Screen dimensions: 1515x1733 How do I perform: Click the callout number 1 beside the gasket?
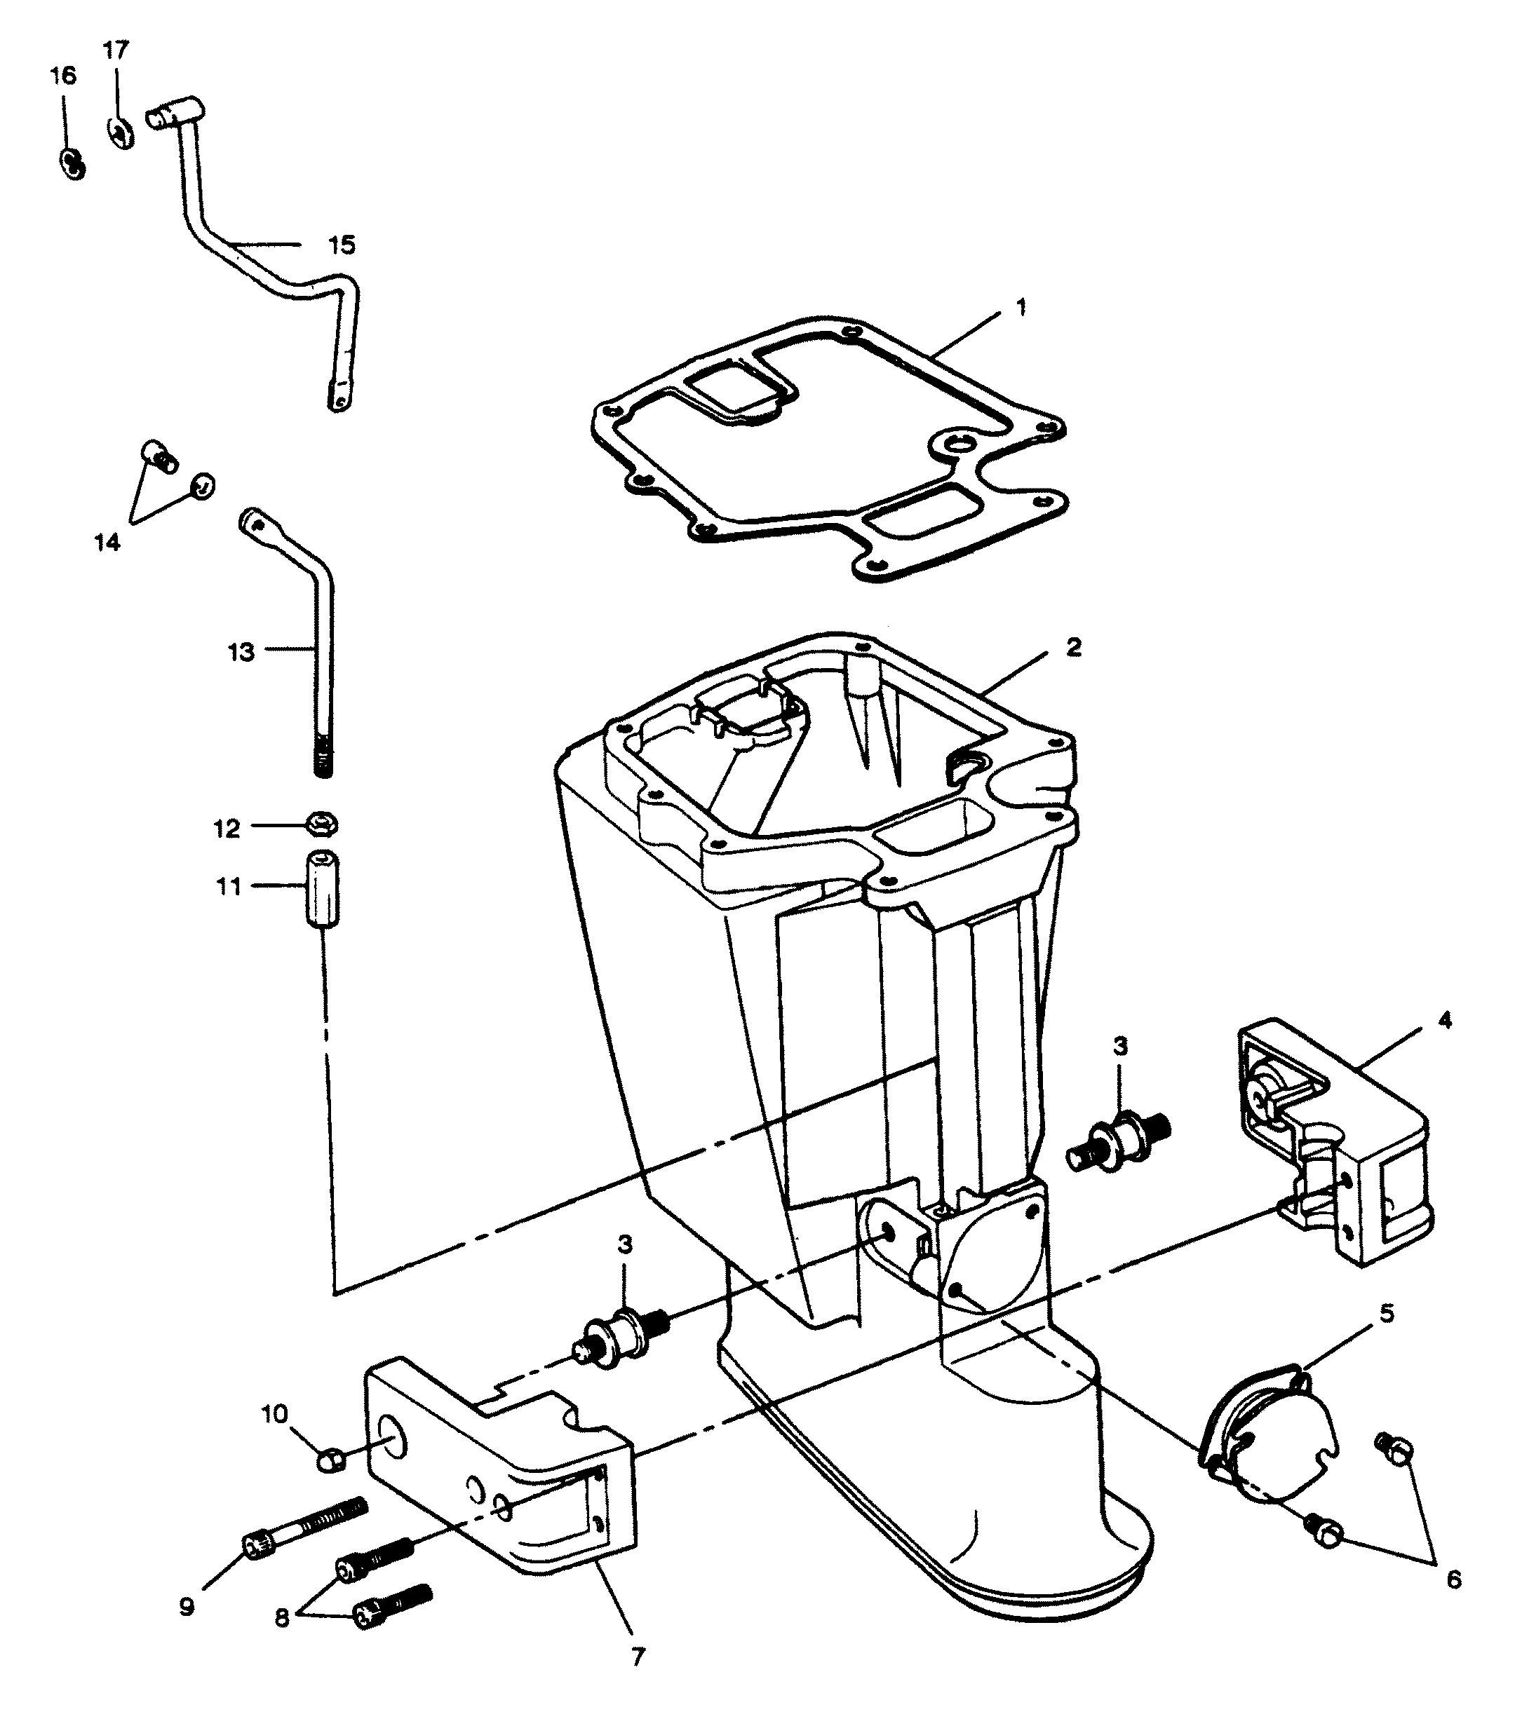(1021, 308)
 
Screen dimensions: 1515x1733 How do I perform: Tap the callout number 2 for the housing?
(1073, 647)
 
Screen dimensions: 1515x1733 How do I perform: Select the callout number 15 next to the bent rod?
(342, 245)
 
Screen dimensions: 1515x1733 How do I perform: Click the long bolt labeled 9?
(304, 1528)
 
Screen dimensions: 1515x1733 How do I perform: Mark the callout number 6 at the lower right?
(1453, 1578)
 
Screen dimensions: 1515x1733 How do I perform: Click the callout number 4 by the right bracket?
(1445, 1020)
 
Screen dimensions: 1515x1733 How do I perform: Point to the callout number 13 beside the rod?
(241, 652)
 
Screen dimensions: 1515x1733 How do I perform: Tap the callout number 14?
(107, 543)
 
